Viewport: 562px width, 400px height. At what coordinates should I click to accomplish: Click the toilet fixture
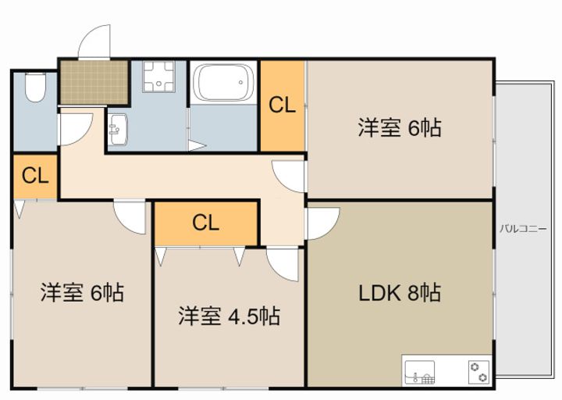click(35, 87)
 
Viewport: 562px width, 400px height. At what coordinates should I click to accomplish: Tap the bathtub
click(223, 83)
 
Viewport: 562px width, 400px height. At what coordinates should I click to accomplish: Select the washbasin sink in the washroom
click(118, 130)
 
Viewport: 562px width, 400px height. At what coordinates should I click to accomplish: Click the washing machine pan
click(158, 77)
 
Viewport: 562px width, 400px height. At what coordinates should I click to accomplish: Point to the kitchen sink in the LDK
click(419, 373)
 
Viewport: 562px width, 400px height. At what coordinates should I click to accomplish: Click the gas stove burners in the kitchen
click(479, 372)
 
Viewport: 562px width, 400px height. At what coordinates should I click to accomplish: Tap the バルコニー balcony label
click(523, 229)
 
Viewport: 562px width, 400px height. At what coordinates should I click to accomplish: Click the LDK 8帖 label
click(400, 293)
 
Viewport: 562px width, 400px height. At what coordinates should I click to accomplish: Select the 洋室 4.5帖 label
click(229, 316)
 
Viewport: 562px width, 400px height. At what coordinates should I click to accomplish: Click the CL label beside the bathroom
click(282, 105)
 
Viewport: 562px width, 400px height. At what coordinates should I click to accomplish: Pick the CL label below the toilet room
click(35, 176)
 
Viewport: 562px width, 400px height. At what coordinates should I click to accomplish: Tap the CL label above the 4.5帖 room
click(206, 223)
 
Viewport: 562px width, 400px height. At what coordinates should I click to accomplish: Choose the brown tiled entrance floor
click(94, 82)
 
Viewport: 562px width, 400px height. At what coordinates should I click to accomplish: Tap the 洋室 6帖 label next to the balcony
click(400, 127)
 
